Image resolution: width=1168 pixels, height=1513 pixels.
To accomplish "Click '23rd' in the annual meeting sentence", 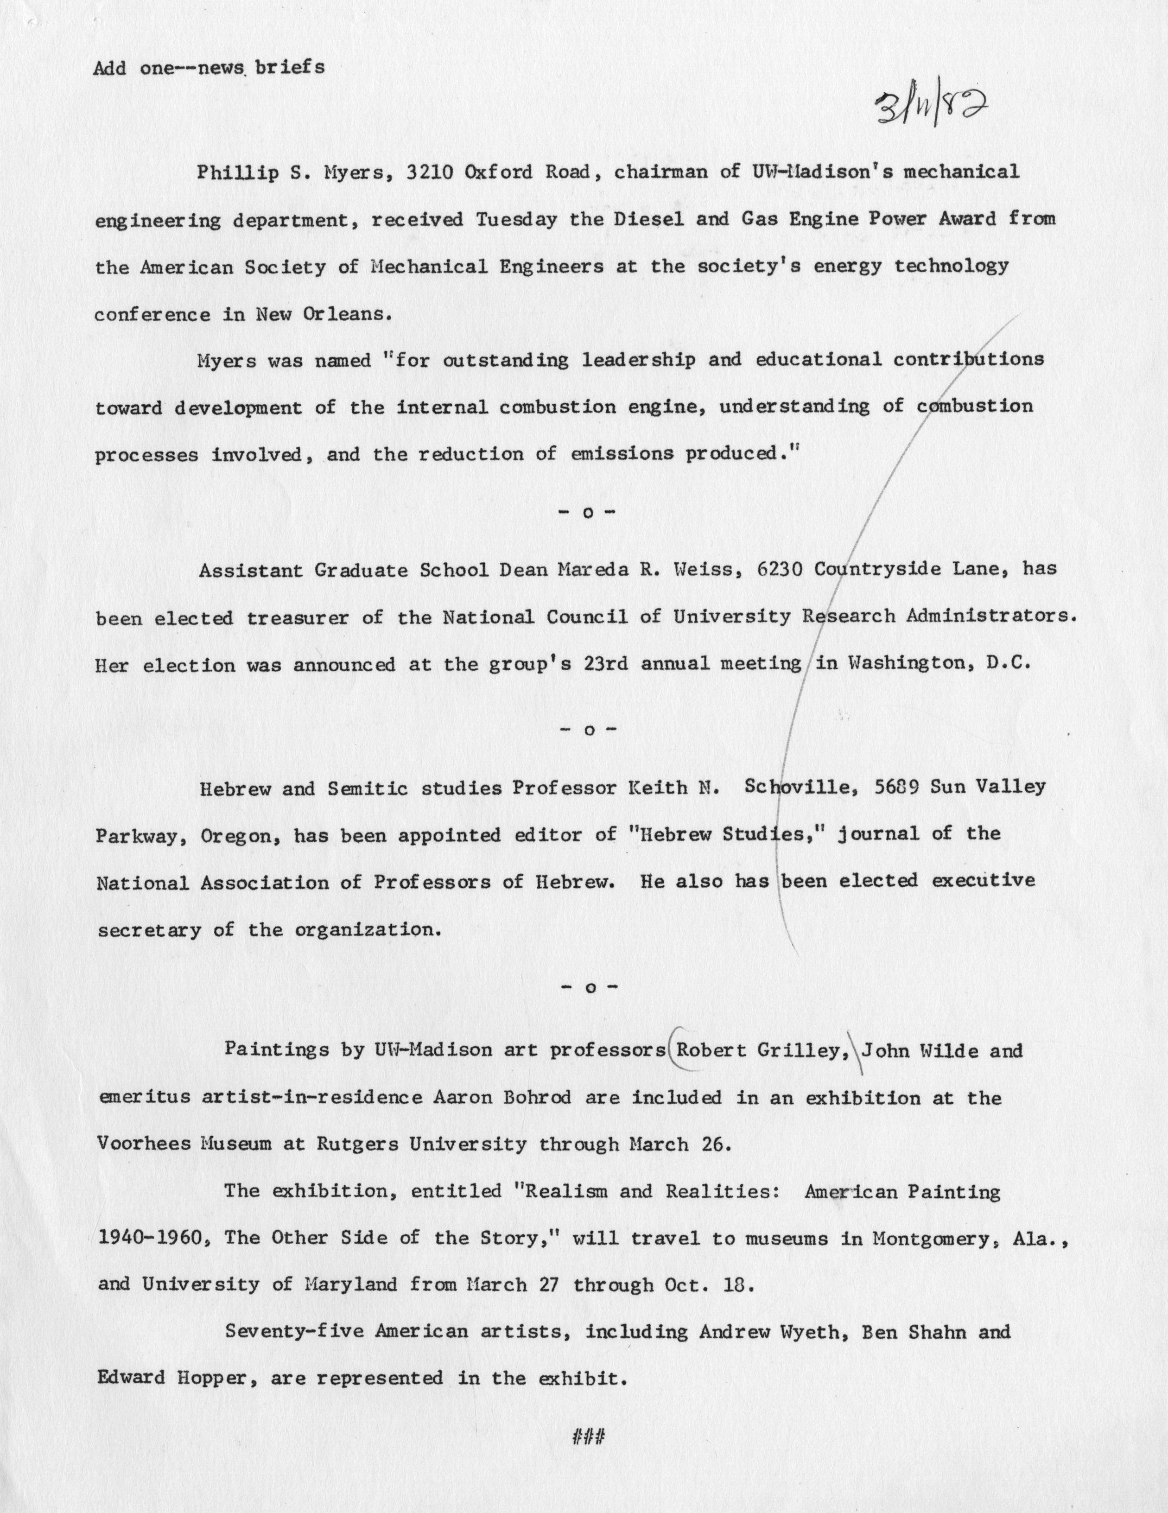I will click(x=607, y=664).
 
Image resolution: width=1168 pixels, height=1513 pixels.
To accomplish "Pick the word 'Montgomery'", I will click(x=930, y=1238).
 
